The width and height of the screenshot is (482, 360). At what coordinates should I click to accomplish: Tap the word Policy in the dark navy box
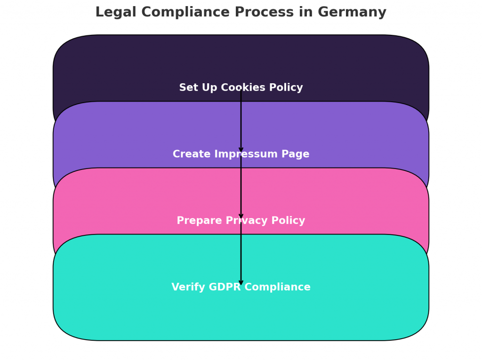pyautogui.click(x=287, y=88)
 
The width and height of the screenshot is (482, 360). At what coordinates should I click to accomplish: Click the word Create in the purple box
pyautogui.click(x=188, y=154)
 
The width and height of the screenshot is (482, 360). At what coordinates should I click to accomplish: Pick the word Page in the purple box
pyautogui.click(x=296, y=154)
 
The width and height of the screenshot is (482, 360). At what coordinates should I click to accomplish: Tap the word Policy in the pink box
pyautogui.click(x=289, y=221)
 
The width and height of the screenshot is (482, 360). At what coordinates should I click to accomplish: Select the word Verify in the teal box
pyautogui.click(x=186, y=288)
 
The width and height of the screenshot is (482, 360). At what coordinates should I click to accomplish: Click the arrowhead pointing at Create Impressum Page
pyautogui.click(x=241, y=150)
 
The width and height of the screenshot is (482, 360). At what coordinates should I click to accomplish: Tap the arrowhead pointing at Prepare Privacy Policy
pyautogui.click(x=241, y=216)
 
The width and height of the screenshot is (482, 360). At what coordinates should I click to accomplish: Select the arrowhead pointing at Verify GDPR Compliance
pyautogui.click(x=241, y=282)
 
